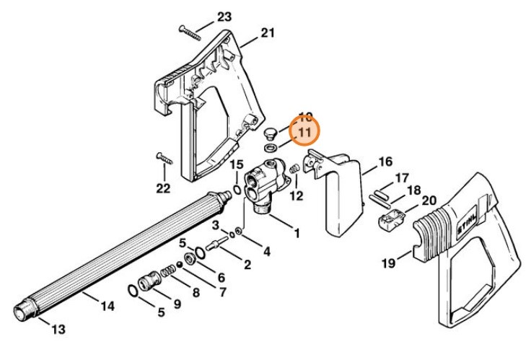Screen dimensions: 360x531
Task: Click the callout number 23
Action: coord(224,17)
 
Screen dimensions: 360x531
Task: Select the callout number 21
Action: coord(268,32)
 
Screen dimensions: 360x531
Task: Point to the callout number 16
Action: coord(385,161)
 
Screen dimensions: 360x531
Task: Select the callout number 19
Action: coord(389,263)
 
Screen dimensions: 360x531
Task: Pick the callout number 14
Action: coord(107,306)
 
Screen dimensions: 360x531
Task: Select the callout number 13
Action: coord(58,329)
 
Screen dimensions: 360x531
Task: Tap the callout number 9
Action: coord(176,304)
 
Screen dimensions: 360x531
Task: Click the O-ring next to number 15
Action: coord(235,190)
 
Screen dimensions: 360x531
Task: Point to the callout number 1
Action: coord(296,234)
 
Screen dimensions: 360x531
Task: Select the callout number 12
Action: coord(297,195)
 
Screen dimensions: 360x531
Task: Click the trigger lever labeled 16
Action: coord(341,195)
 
